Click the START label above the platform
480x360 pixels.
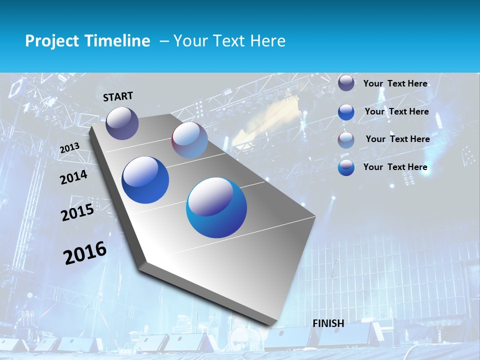118,96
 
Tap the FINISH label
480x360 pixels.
328,323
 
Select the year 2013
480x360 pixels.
69,148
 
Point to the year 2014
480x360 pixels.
73,177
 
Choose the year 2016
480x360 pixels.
85,253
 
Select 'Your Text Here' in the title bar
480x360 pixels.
229,41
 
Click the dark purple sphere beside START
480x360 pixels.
122,123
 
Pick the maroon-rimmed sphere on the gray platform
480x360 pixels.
189,140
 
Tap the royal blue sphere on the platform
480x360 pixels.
145,180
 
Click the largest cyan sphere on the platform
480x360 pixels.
216,207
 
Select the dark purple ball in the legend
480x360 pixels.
346,83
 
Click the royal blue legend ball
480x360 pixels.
346,112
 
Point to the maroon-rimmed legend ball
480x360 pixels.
346,140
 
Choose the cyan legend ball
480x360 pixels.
346,167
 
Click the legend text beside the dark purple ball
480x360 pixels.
395,83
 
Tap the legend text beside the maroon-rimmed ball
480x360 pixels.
397,139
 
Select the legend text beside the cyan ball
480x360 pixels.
395,167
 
